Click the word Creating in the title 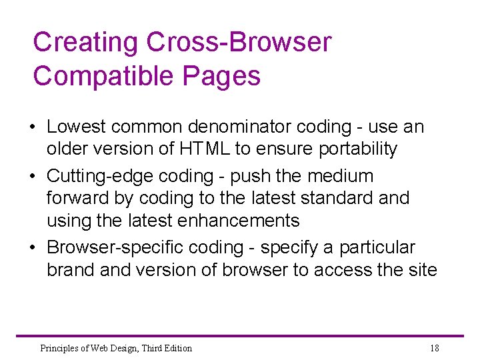[86, 43]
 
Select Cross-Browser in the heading [239, 43]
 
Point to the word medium [341, 177]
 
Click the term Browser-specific [115, 248]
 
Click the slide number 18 [434, 348]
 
